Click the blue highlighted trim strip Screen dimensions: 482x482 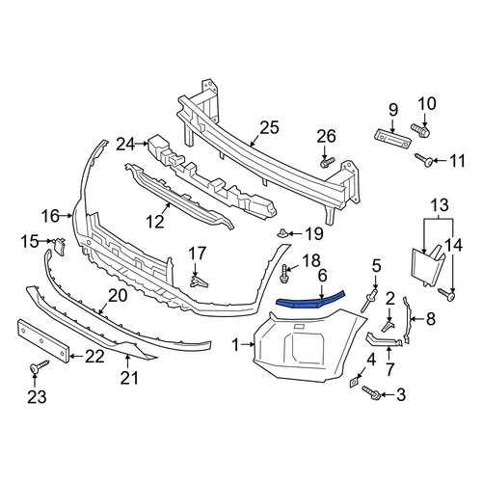click(310, 301)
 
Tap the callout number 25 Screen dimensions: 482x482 click(269, 127)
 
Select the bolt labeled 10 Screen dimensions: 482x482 click(420, 129)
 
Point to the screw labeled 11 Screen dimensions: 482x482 click(423, 160)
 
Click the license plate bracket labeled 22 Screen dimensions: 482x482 click(43, 341)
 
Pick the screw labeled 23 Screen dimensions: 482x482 click(39, 365)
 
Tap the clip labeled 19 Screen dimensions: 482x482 click(283, 232)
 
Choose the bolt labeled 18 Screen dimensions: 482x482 click(284, 274)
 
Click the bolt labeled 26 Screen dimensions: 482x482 click(327, 162)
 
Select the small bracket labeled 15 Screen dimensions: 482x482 click(60, 246)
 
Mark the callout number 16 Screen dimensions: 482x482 click(50, 216)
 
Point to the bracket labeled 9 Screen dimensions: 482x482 click(392, 139)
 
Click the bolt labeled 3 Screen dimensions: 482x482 click(371, 392)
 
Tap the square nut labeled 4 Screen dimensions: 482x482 click(354, 383)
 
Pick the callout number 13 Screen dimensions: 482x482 click(440, 204)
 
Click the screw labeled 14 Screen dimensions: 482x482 click(447, 294)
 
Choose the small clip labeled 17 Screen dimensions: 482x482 click(199, 281)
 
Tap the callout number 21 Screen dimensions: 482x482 click(129, 377)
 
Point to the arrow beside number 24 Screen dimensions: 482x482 click(142, 144)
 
